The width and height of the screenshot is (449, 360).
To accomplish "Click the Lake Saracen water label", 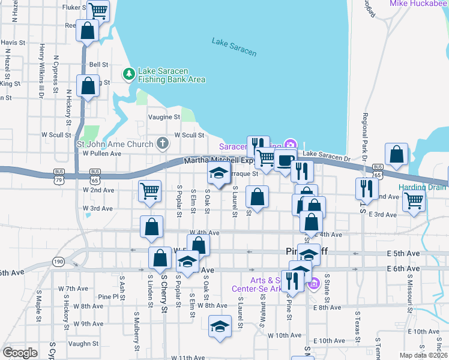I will tap(234, 47).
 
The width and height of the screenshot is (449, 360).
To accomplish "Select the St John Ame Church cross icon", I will tap(161, 143).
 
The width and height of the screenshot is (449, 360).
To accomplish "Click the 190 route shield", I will tap(58, 261).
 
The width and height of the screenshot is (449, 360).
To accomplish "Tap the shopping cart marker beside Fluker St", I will tap(98, 10).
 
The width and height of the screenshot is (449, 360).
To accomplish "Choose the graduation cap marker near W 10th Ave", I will tap(220, 327).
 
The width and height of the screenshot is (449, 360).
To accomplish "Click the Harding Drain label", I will tap(423, 187).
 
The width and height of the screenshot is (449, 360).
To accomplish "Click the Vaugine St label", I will tap(164, 117).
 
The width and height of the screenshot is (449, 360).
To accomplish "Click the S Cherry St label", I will tap(164, 293).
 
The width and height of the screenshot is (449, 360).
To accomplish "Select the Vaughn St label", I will tap(83, 344).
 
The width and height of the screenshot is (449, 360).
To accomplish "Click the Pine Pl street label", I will tap(109, 297).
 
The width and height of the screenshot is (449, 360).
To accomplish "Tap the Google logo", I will tap(20, 353).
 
